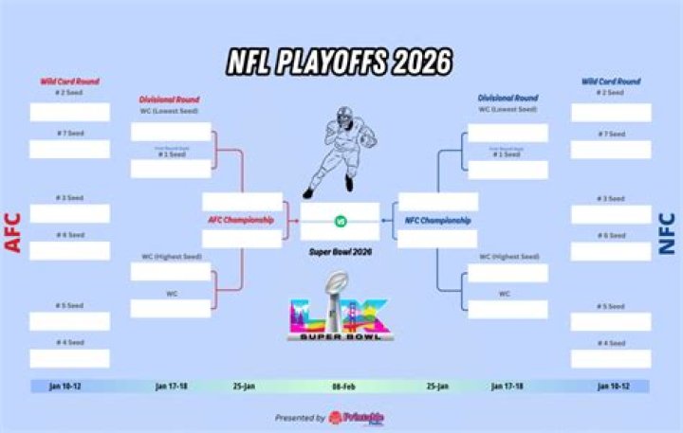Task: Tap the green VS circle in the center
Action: tap(341, 222)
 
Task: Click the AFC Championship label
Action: tap(241, 220)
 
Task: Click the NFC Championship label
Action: tap(438, 220)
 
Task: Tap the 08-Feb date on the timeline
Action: tap(343, 387)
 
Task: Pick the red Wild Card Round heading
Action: tap(69, 81)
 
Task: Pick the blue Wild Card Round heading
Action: tap(611, 81)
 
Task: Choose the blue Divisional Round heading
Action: tap(508, 98)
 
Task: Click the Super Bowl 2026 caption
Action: tap(341, 253)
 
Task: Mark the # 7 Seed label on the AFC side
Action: tap(69, 134)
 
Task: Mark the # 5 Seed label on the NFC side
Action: tap(611, 306)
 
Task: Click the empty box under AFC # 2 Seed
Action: tap(69, 112)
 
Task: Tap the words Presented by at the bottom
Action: tap(300, 418)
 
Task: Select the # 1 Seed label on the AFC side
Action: tap(171, 153)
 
